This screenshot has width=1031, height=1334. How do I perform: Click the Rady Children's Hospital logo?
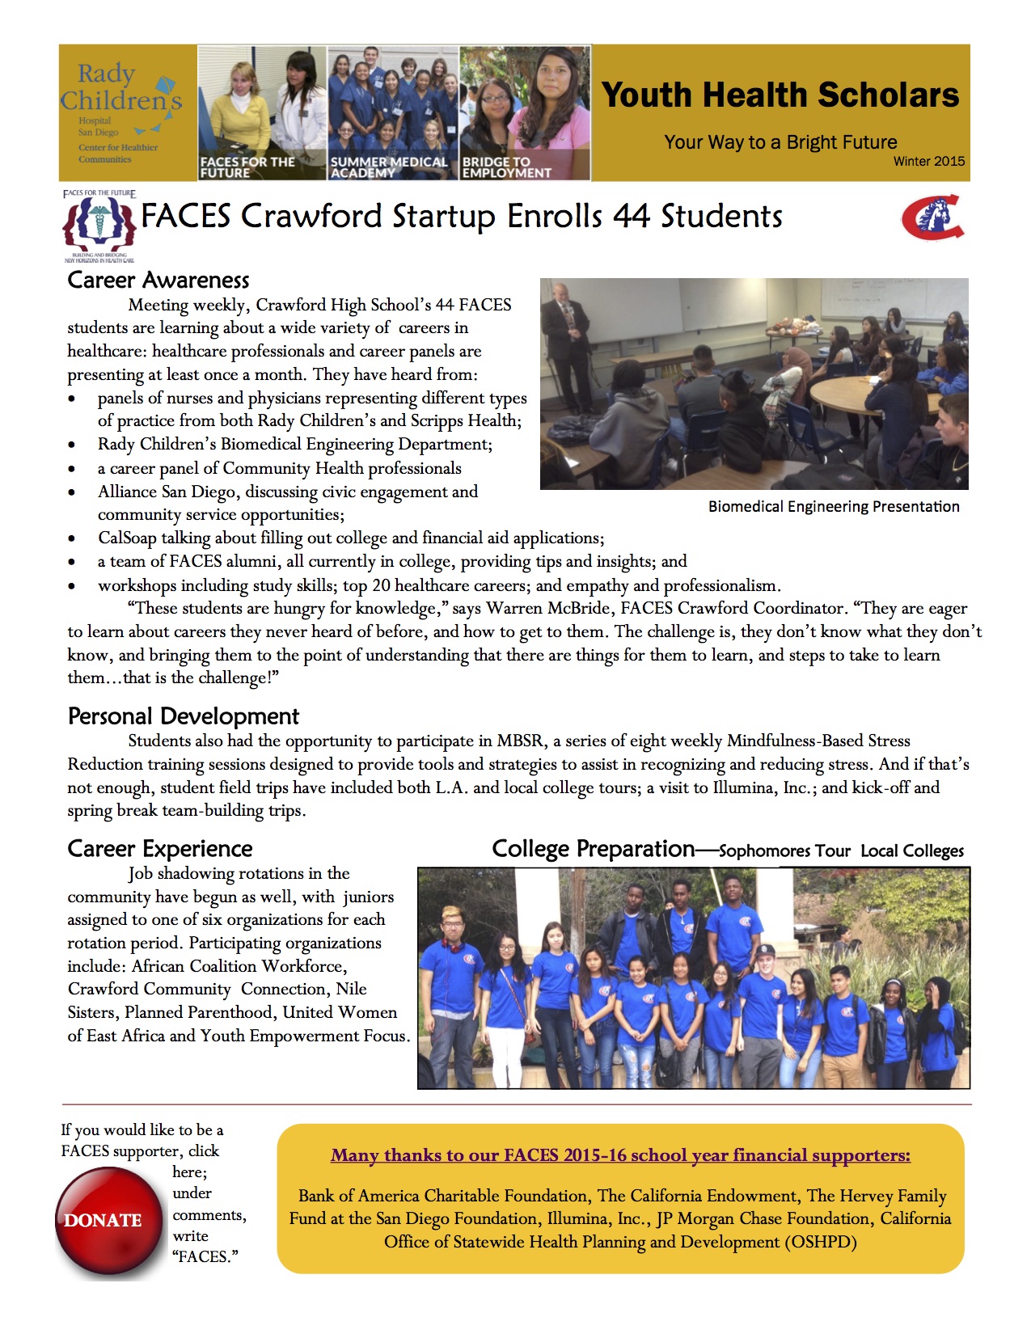[121, 111]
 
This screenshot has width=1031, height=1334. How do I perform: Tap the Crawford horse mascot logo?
[932, 217]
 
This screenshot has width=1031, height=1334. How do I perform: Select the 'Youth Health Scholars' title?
[780, 95]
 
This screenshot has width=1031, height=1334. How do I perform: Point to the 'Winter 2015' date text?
[928, 162]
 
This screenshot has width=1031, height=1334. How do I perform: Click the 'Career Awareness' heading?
[158, 280]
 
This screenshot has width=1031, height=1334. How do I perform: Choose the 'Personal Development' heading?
[184, 716]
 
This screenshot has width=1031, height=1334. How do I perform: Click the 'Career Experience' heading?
[160, 849]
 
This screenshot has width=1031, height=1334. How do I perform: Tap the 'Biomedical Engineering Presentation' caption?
[834, 507]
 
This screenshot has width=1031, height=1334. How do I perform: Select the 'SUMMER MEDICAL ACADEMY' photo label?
[389, 167]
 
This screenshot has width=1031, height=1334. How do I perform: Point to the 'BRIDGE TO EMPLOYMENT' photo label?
[506, 167]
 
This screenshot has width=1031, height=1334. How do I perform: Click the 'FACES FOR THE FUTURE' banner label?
[247, 167]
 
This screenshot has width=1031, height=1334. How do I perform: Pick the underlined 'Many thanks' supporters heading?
[620, 1155]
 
